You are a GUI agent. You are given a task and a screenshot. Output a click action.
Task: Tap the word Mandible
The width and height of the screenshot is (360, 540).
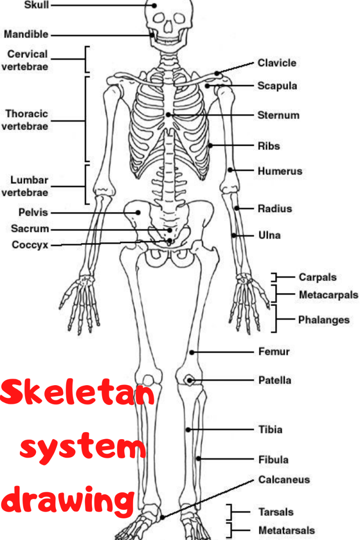(26, 34)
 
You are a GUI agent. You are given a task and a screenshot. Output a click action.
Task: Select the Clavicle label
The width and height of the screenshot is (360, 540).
(277, 63)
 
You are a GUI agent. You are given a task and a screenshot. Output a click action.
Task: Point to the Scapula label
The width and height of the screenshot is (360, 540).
(277, 85)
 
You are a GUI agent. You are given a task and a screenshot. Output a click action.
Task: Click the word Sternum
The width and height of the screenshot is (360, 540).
(278, 115)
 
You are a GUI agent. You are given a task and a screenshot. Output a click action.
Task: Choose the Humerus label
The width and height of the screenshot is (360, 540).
(280, 171)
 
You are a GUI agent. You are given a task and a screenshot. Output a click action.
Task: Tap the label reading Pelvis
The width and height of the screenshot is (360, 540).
(33, 212)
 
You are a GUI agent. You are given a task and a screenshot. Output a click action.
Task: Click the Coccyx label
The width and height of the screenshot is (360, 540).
(30, 245)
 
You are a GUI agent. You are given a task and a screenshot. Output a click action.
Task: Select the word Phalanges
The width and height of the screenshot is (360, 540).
(324, 320)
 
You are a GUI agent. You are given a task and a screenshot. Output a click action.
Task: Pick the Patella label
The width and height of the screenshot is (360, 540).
(274, 380)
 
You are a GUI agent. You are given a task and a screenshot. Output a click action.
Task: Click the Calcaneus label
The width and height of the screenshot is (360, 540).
(284, 480)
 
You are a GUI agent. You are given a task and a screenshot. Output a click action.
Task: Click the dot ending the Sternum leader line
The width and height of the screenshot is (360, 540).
(168, 115)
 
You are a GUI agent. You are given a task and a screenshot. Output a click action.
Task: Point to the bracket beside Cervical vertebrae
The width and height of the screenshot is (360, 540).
(87, 59)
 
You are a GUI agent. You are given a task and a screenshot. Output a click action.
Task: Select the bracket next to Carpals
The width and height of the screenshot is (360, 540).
(274, 277)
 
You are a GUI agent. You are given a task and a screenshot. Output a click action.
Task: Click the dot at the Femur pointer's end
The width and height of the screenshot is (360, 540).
(192, 352)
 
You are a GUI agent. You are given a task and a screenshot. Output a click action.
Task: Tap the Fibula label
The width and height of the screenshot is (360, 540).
(274, 460)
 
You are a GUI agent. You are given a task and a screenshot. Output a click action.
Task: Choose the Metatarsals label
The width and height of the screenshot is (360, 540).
(286, 531)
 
